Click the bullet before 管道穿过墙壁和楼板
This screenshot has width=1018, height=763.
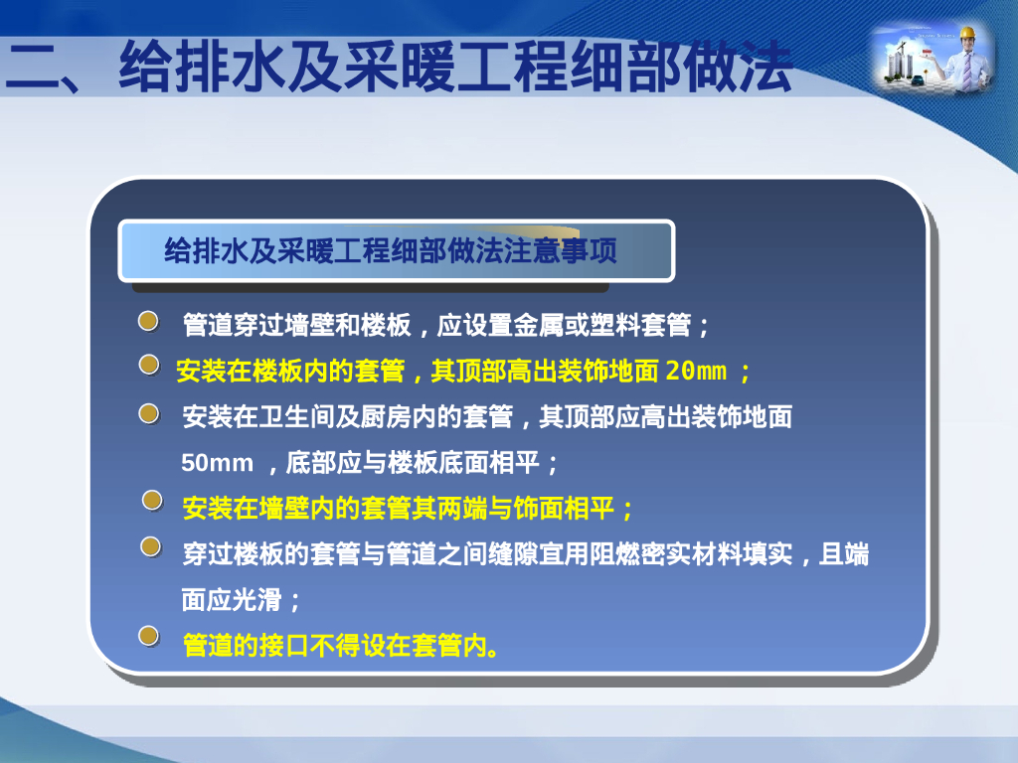[148, 321]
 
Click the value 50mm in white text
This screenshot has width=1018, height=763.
[217, 463]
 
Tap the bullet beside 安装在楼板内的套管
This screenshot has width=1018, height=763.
[148, 367]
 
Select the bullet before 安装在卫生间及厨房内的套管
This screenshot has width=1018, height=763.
[148, 412]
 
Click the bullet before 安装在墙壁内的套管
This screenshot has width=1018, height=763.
[151, 500]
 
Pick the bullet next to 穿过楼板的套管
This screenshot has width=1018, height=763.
[150, 546]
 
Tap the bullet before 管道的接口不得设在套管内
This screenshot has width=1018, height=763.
[148, 636]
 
